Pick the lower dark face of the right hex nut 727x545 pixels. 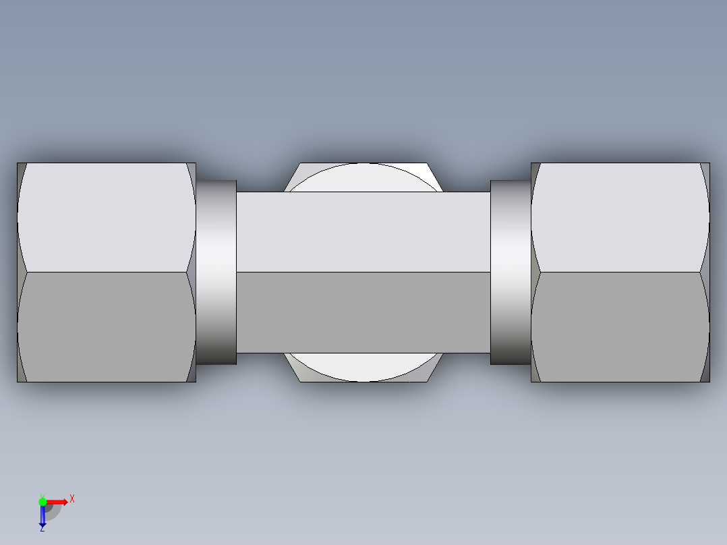click(x=619, y=327)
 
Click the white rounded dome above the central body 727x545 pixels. click(x=364, y=177)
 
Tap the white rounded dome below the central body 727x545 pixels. click(x=364, y=367)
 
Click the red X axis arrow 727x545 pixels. click(x=57, y=501)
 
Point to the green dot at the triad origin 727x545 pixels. click(x=42, y=501)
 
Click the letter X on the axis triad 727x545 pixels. click(x=71, y=498)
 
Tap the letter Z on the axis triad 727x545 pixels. click(x=42, y=529)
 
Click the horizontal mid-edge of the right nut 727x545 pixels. click(x=619, y=272)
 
